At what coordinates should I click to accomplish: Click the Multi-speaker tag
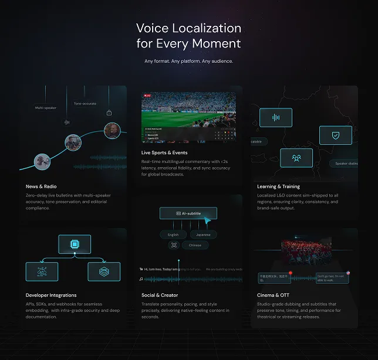45,108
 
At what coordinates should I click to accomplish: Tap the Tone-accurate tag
85,103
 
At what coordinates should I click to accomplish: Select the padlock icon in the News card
109,113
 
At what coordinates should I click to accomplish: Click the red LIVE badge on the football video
147,95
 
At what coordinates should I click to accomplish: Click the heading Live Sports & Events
164,152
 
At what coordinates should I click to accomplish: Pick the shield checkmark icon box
335,135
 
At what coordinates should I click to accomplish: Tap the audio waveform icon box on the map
276,117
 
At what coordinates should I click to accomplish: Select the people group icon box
296,157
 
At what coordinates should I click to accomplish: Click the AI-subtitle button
188,213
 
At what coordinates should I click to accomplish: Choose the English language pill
173,235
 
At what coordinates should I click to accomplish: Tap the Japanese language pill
204,235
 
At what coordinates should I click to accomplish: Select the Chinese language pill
195,245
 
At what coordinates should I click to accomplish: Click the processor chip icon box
75,244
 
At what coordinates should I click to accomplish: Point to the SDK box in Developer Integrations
104,271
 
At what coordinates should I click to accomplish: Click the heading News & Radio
41,186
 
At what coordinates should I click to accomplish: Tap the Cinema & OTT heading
274,295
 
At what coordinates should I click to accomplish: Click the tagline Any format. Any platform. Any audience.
188,61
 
